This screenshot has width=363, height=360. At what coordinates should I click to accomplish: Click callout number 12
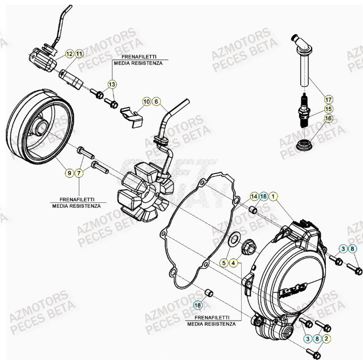69,54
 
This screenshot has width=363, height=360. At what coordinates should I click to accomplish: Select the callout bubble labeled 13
112,84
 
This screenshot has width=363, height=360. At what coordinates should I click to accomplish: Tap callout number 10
146,101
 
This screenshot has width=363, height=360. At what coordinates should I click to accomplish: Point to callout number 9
69,173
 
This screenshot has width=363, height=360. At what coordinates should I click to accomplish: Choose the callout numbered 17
328,99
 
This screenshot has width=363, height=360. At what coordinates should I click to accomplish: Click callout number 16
328,118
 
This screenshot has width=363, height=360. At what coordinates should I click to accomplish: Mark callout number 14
254,197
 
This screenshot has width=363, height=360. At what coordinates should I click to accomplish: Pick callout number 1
273,197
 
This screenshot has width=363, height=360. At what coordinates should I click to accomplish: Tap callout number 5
224,263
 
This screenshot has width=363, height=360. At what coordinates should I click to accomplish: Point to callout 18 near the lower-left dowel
197,305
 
